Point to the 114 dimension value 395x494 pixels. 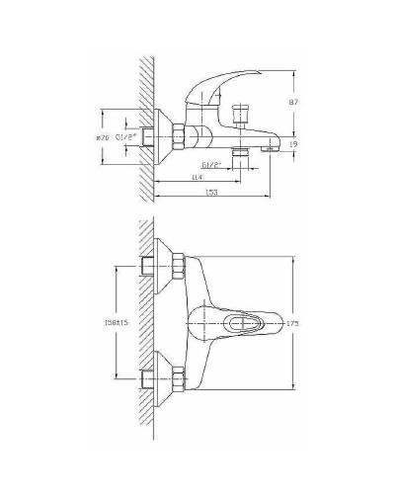click(x=198, y=177)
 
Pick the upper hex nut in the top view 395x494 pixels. click(x=179, y=266)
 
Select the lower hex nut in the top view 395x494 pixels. click(x=179, y=376)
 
